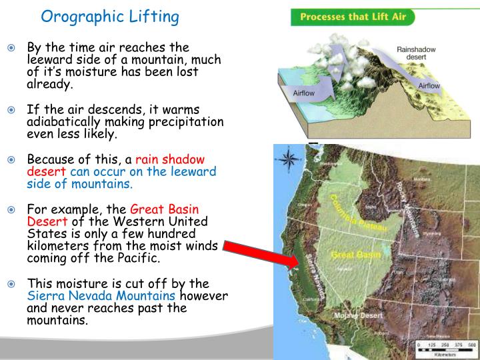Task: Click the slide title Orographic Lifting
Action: tap(110, 17)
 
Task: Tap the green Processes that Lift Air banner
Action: tap(352, 17)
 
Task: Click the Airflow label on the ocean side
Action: tap(304, 93)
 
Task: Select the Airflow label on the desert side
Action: tap(429, 86)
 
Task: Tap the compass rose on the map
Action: tap(289, 160)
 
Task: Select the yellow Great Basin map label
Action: tap(347, 254)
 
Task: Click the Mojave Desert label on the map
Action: tap(359, 315)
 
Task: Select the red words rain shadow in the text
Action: tap(170, 159)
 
